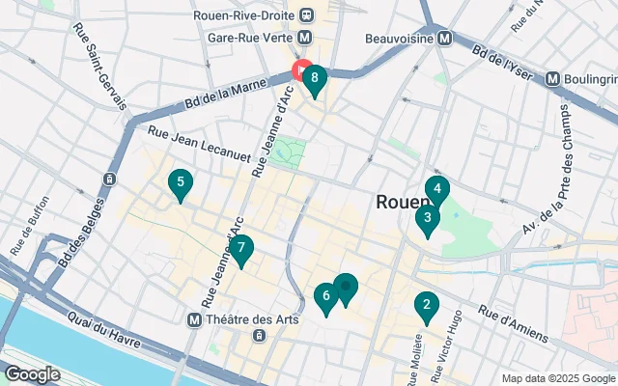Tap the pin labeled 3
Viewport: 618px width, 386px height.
point(427,219)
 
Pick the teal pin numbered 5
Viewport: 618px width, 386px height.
point(179,182)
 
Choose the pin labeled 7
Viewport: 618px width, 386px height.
point(241,249)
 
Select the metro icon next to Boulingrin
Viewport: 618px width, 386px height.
point(553,78)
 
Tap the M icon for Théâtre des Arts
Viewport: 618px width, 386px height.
point(196,318)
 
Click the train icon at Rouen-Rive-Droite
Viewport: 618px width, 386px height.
point(307,14)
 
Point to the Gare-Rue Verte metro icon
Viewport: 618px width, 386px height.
point(305,38)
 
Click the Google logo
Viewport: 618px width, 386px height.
point(33,373)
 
